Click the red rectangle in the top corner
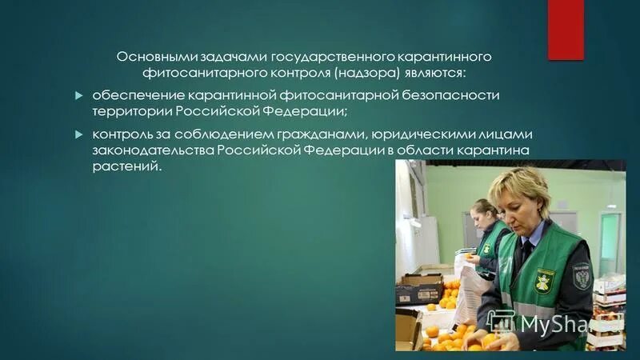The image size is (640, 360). [565, 30]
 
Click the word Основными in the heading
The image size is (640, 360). [150, 58]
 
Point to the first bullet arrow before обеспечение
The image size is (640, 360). [78, 95]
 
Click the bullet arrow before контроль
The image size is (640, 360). [78, 133]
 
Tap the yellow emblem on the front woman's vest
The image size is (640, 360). [545, 281]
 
